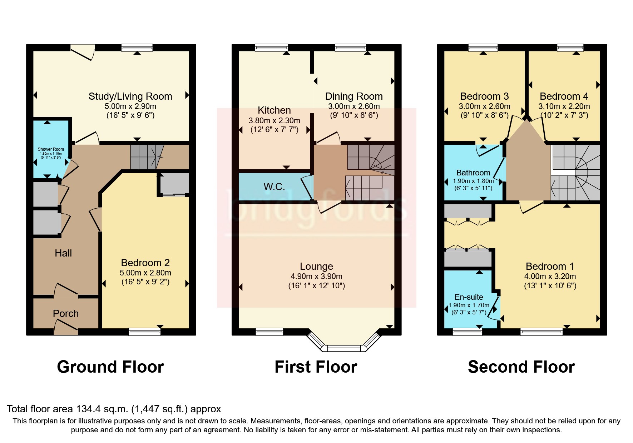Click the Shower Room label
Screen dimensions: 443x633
(51, 149)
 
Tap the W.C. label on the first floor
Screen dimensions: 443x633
(274, 186)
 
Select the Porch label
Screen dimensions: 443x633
(66, 313)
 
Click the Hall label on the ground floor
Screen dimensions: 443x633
(63, 253)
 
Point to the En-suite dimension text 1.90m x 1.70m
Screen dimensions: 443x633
(469, 305)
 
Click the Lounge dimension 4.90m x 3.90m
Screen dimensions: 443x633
(316, 276)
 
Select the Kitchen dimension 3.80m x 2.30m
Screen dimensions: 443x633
(274, 121)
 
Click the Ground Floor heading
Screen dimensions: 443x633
(110, 367)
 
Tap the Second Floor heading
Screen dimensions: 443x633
(521, 367)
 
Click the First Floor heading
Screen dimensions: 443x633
(316, 367)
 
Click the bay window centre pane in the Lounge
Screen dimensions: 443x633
(344, 348)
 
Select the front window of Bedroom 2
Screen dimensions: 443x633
(144, 332)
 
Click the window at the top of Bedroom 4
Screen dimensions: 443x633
(570, 48)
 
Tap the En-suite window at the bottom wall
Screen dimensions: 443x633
(467, 332)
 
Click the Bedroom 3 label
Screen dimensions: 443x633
(484, 96)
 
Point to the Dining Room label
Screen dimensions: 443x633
(354, 96)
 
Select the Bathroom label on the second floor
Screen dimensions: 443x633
(473, 173)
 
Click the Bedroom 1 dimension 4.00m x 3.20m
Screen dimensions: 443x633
(550, 276)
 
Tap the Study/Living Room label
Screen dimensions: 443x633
(130, 96)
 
